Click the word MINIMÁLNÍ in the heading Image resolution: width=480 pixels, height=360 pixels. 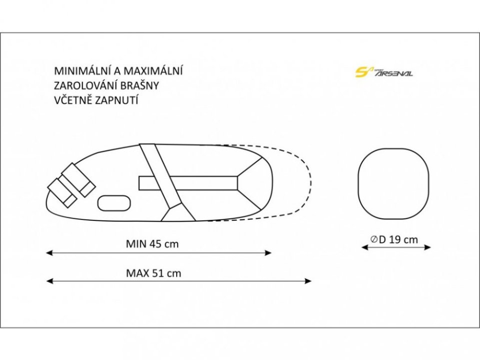(83, 71)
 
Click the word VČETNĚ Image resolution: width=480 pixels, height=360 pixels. (73, 100)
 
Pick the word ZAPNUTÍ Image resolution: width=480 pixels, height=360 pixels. (116, 100)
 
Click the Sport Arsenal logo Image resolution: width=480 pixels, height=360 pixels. (383, 72)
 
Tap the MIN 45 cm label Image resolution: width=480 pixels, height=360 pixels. (152, 244)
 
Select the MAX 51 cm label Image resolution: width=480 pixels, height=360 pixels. (153, 273)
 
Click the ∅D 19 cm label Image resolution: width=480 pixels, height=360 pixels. (394, 239)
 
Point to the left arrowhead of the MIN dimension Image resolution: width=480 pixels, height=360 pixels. (49, 253)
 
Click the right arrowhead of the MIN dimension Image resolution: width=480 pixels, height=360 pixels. (268, 253)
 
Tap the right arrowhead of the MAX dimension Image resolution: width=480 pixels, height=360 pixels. (308, 281)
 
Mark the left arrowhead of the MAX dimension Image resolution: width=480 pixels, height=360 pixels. (49, 281)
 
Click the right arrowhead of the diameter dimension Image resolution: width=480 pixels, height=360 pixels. (427, 247)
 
